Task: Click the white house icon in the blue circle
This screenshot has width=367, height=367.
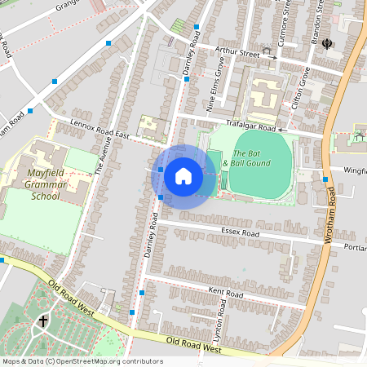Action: pos(183,175)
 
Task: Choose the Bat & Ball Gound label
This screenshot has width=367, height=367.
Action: pos(252,159)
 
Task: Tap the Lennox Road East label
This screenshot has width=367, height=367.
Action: pos(100,127)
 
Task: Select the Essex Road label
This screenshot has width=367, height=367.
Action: pos(239,232)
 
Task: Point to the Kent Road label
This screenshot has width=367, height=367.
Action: pos(226,292)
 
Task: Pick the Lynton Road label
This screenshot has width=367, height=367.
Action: pos(218,325)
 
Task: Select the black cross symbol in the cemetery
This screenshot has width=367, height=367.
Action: pos(42,321)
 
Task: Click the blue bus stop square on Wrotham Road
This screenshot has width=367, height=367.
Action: pos(325,179)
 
